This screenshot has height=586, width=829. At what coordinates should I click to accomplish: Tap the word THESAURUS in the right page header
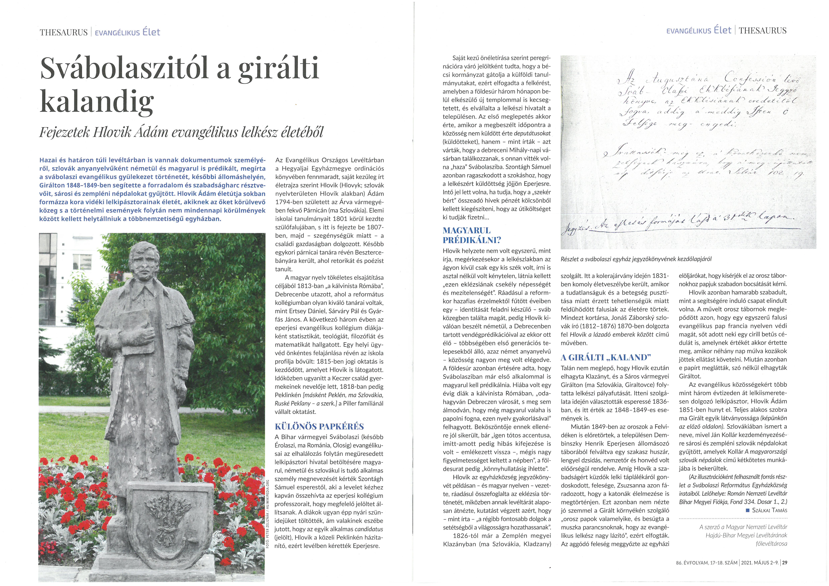click(763, 31)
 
